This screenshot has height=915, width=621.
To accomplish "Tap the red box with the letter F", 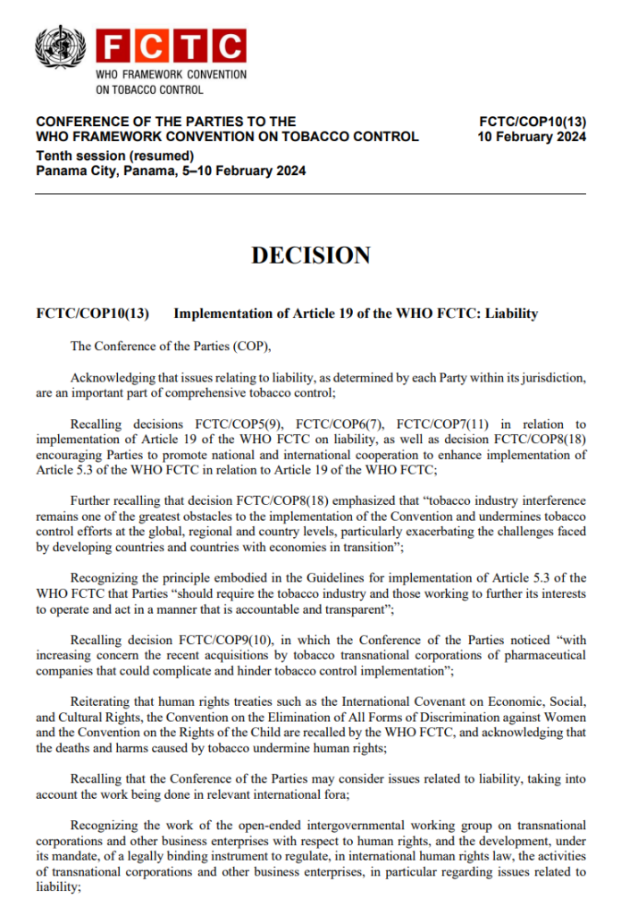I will point(113,46).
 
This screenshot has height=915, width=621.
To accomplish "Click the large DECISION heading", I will point(311,255).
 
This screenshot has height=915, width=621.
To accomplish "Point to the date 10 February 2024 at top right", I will point(533,137).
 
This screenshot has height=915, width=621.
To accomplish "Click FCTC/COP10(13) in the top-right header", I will point(533,121).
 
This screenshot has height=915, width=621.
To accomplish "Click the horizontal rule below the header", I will point(311,194).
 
